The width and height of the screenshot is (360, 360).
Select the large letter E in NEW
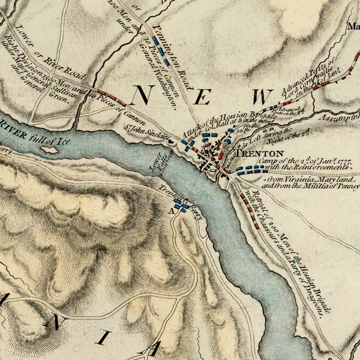pos(203,97)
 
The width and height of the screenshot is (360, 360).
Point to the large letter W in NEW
pos(263,97)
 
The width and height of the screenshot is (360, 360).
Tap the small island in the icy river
pos(50,149)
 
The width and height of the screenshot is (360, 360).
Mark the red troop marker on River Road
pos(112,94)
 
